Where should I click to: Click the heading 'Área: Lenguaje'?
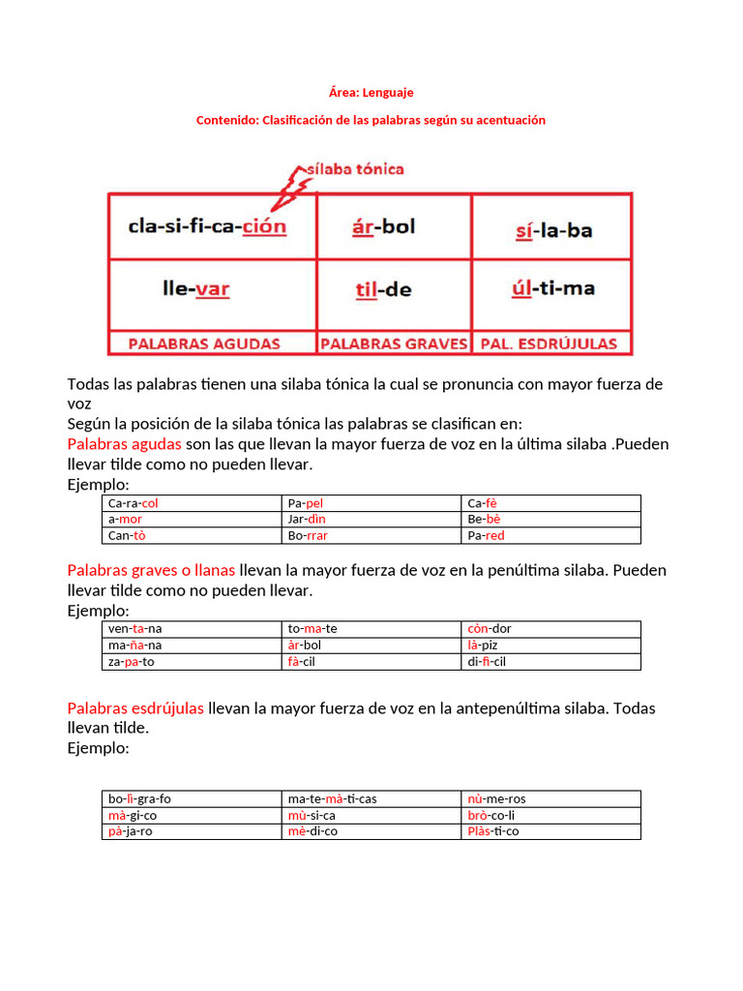pos(371,93)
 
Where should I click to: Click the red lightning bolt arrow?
pos(286,189)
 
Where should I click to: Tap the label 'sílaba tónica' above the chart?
pos(354,169)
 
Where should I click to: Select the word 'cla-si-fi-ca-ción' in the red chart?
pos(207,226)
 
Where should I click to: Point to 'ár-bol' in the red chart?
pos(384,226)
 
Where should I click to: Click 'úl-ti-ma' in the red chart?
pos(552,288)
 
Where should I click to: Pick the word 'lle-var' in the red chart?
pos(195,288)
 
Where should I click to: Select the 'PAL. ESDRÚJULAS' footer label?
pos(551,344)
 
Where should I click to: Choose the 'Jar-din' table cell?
pos(307,520)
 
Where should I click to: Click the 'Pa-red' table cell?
pos(486,535)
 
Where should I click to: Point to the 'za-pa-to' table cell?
pos(132,662)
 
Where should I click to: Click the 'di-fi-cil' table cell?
pos(487,662)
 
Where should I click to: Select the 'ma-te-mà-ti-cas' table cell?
pos(332,799)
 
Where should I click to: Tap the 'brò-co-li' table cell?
pos(491,816)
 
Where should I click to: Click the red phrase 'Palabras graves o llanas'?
pos(151,570)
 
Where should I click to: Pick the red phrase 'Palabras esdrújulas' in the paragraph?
pos(135,708)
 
